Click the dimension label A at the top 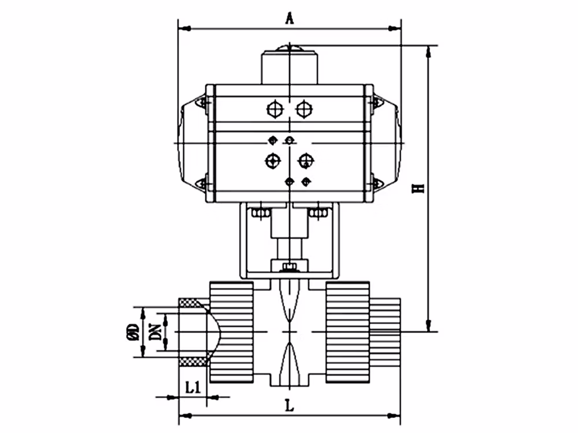[290, 18]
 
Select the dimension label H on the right [418, 188]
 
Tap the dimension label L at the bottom [290, 405]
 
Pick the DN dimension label [155, 332]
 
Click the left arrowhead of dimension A [185, 28]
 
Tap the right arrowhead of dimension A [394, 28]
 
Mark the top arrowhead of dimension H [428, 52]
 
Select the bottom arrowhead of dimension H [428, 325]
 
